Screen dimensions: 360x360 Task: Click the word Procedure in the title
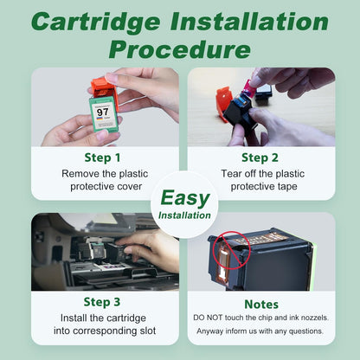(179, 49)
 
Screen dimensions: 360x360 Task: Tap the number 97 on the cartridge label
(103, 112)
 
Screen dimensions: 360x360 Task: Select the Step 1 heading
(102, 157)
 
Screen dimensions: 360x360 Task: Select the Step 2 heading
(260, 157)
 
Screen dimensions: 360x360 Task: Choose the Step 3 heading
(102, 302)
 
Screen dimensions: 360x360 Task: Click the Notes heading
(261, 305)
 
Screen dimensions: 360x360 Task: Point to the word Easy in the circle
(185, 198)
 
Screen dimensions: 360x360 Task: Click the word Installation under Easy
(184, 215)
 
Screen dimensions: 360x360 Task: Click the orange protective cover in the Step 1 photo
(105, 91)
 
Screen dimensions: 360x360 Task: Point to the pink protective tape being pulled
(248, 87)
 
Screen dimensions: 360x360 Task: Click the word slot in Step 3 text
(148, 331)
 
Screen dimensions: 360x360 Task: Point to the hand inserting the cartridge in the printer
(153, 249)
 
